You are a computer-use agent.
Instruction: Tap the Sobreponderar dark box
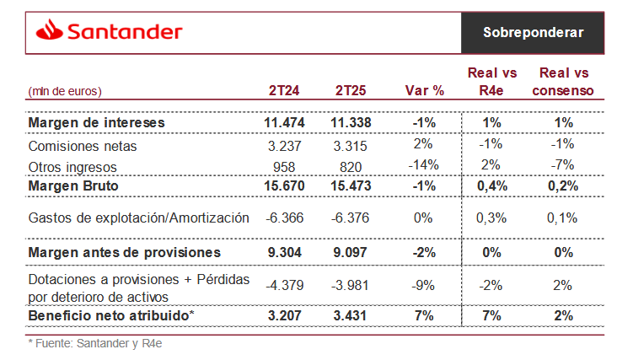coord(533,32)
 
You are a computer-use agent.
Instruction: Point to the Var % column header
coord(423,90)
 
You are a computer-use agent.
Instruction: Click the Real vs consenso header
coord(564,82)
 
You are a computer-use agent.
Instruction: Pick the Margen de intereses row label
coord(96,123)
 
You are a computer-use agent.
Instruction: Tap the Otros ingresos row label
coord(72,166)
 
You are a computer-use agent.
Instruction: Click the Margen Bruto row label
coord(73,185)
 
